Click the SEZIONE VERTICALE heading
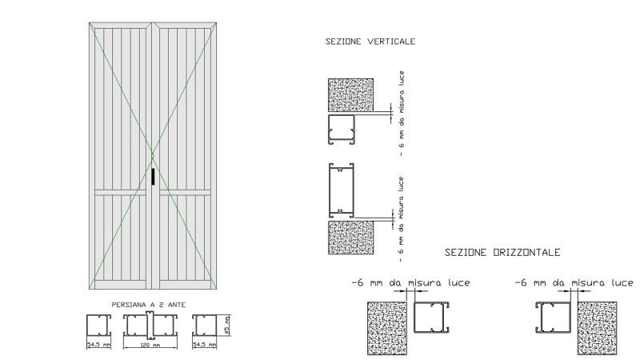pyautogui.click(x=370, y=42)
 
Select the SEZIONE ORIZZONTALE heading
pyautogui.click(x=502, y=252)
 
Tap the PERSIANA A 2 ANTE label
pyautogui.click(x=149, y=305)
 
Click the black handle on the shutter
pyautogui.click(x=153, y=177)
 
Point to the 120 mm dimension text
pyautogui.click(x=150, y=346)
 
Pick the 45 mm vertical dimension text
pyautogui.click(x=227, y=325)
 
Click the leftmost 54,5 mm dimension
pyautogui.click(x=98, y=345)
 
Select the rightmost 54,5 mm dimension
pyautogui.click(x=204, y=345)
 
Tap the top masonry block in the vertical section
pyautogui.click(x=350, y=95)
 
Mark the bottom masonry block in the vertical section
pyautogui.click(x=350, y=238)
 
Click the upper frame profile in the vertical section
pyautogui.click(x=342, y=130)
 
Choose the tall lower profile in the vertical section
pyautogui.click(x=342, y=190)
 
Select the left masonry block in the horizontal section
pyautogui.click(x=387, y=328)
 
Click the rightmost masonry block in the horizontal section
pyautogui.click(x=597, y=328)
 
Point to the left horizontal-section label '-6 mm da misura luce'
pyautogui.click(x=410, y=282)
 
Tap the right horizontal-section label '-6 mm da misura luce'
pyautogui.click(x=574, y=282)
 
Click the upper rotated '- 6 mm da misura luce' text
pyautogui.click(x=402, y=114)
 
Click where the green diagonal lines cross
pyautogui.click(x=153, y=155)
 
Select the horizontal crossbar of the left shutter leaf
pyautogui.click(x=120, y=193)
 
